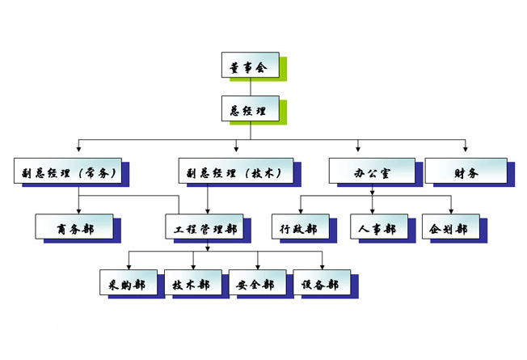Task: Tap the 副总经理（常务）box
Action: pos(71,171)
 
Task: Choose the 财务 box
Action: pos(466,171)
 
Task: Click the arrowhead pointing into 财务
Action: pos(466,149)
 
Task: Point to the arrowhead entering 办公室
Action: pos(359,149)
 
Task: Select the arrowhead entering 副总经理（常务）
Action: pos(78,149)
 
